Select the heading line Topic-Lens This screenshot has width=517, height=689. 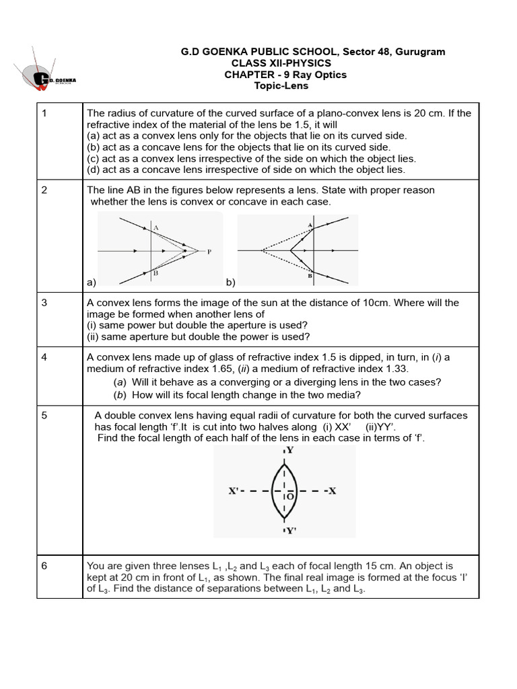pyautogui.click(x=281, y=86)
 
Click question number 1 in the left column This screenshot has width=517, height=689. pyautogui.click(x=44, y=112)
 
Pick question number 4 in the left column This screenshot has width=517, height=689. pyautogui.click(x=44, y=357)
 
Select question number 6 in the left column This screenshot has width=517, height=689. pyautogui.click(x=44, y=566)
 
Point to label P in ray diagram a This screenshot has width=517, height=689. pyautogui.click(x=209, y=252)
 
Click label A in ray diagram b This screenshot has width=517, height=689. pyautogui.click(x=310, y=225)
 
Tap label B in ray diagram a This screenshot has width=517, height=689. pyautogui.click(x=154, y=273)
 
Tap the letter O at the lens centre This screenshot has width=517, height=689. pyautogui.click(x=290, y=497)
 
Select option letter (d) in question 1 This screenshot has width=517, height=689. pyautogui.click(x=94, y=170)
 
